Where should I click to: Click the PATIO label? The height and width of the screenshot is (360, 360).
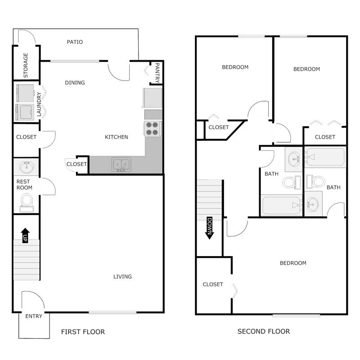click(x=75, y=42)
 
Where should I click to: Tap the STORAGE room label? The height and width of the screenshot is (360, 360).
click(x=26, y=65)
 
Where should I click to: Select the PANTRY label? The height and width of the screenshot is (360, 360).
click(x=157, y=72)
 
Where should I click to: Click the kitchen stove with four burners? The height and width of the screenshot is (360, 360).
click(x=153, y=129)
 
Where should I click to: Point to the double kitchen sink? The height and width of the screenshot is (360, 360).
click(x=121, y=165)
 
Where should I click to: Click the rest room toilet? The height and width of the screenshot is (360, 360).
click(x=27, y=201)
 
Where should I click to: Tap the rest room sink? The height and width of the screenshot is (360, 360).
click(x=26, y=167)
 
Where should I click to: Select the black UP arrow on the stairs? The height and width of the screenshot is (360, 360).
click(x=25, y=235)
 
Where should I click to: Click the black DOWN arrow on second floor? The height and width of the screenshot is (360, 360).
click(x=209, y=227)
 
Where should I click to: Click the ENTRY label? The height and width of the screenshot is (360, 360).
click(x=34, y=316)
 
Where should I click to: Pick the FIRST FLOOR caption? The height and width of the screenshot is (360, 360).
click(x=83, y=332)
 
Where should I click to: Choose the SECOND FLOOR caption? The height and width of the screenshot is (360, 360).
click(x=264, y=332)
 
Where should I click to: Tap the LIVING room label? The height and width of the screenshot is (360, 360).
click(x=122, y=277)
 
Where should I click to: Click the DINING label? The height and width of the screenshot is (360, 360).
click(x=75, y=83)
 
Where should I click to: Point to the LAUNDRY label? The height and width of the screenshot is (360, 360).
click(x=40, y=104)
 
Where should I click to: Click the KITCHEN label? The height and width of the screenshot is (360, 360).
click(x=117, y=137)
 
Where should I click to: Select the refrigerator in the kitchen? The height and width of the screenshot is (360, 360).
click(x=153, y=98)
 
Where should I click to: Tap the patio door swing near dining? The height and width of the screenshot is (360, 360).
click(x=118, y=71)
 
